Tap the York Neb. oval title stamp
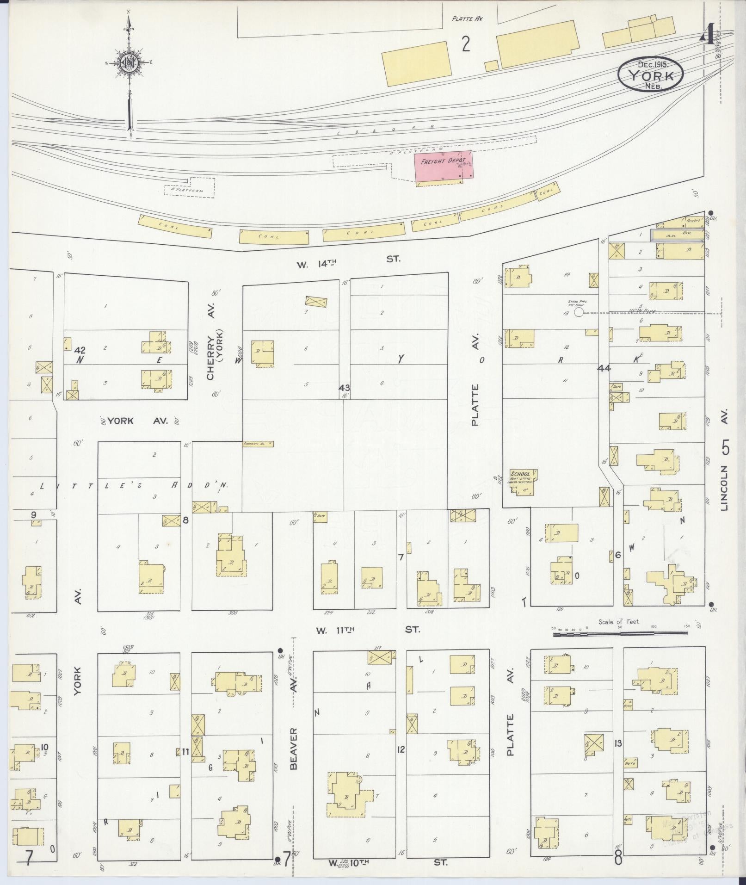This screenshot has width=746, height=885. coord(651,74)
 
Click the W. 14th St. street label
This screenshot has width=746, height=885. coord(347,260)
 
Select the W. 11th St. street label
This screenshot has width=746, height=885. coord(368,630)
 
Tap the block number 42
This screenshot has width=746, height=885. coord(81,349)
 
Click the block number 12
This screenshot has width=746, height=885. coord(401,749)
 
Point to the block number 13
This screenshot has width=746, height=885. coord(618,743)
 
